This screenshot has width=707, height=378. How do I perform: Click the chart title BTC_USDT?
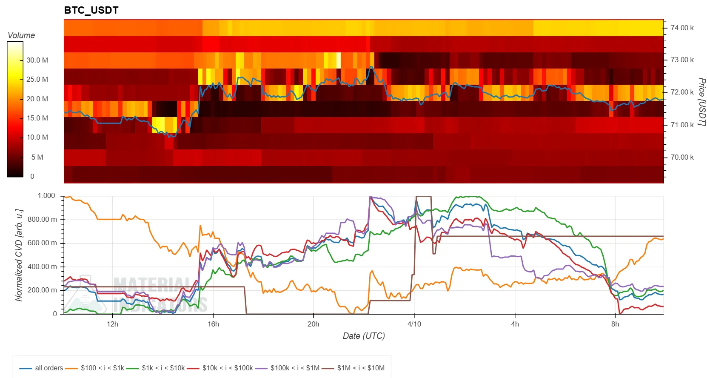tap(91, 10)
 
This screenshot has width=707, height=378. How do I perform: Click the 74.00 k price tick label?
tap(682, 28)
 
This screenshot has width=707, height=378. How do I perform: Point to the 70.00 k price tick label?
tap(682, 157)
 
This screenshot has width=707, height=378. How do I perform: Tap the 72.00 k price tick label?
tap(682, 92)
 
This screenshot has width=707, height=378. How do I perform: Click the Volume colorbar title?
tap(21, 35)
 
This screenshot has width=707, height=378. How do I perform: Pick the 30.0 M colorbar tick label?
tap(37, 60)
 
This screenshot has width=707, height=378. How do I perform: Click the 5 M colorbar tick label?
tap(37, 157)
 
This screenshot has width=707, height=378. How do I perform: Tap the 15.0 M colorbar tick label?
tap(37, 118)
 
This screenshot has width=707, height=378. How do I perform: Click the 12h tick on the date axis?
tap(113, 324)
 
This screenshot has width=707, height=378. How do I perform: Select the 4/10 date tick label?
tap(414, 324)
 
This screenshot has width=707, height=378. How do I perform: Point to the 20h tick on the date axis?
tap(314, 324)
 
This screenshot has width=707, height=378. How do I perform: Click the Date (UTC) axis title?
tap(364, 336)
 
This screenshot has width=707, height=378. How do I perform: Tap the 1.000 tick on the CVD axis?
tap(46, 196)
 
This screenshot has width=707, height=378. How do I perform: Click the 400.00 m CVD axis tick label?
tap(42, 267)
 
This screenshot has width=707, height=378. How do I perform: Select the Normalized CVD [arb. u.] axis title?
tap(19, 255)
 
